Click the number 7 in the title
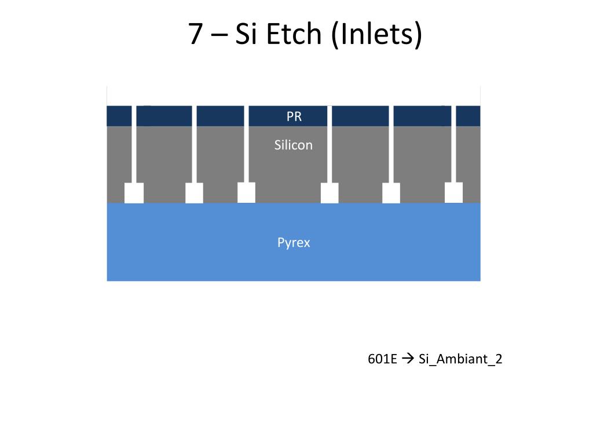pyautogui.click(x=196, y=35)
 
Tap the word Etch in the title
pyautogui.click(x=294, y=35)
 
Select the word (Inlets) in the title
pyautogui.click(x=377, y=35)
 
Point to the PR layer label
pyautogui.click(x=294, y=116)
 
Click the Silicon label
pyautogui.click(x=294, y=145)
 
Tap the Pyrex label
pyautogui.click(x=294, y=242)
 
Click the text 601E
pyautogui.click(x=382, y=359)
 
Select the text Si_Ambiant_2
pyautogui.click(x=460, y=359)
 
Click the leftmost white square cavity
pyautogui.click(x=134, y=192)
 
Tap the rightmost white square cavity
pyautogui.click(x=453, y=192)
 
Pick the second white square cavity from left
pyautogui.click(x=194, y=192)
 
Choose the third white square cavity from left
pyautogui.click(x=246, y=192)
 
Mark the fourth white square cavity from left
pyautogui.click(x=330, y=192)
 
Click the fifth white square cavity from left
pyautogui.click(x=391, y=192)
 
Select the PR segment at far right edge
pyautogui.click(x=468, y=116)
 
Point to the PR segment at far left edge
pyautogui.click(x=119, y=116)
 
